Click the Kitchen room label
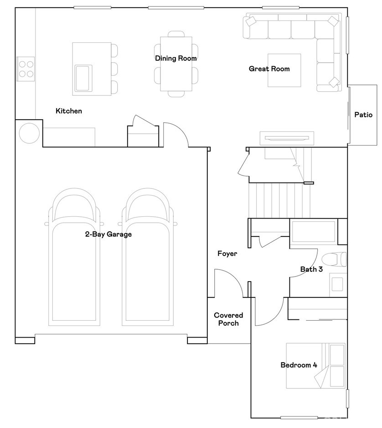(x=69, y=111)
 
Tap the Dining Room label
(x=176, y=58)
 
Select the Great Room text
(x=269, y=69)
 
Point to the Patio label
(x=363, y=115)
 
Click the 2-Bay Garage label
(x=108, y=234)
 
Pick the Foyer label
(x=227, y=254)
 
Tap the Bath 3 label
(x=311, y=269)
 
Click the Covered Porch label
(x=228, y=319)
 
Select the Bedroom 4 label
(x=299, y=365)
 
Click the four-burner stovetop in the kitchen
(x=26, y=69)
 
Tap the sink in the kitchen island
(x=83, y=78)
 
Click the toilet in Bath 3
(x=334, y=259)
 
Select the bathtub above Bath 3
(x=314, y=232)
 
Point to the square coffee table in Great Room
(x=284, y=70)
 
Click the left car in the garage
(x=74, y=257)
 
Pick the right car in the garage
(x=148, y=257)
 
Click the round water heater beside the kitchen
(x=30, y=133)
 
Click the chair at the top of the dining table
(x=176, y=34)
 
